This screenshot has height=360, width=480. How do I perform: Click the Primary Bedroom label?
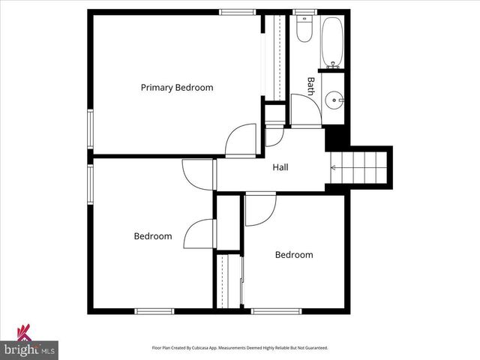(x=177, y=88)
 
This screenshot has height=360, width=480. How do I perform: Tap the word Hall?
(x=280, y=167)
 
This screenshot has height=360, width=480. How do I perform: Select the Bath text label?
(x=310, y=85)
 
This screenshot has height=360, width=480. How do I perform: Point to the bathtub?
(x=332, y=40)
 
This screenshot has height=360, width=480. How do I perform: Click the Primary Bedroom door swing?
(x=241, y=139)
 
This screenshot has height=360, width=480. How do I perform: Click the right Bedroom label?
(x=294, y=255)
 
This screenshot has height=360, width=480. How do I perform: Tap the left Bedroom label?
(x=153, y=236)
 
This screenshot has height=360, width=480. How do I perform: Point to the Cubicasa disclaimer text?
(x=240, y=348)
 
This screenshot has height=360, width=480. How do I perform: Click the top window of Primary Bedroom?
(x=237, y=11)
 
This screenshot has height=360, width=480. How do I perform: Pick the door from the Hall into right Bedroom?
(x=259, y=208)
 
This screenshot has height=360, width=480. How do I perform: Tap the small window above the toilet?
(x=304, y=11)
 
